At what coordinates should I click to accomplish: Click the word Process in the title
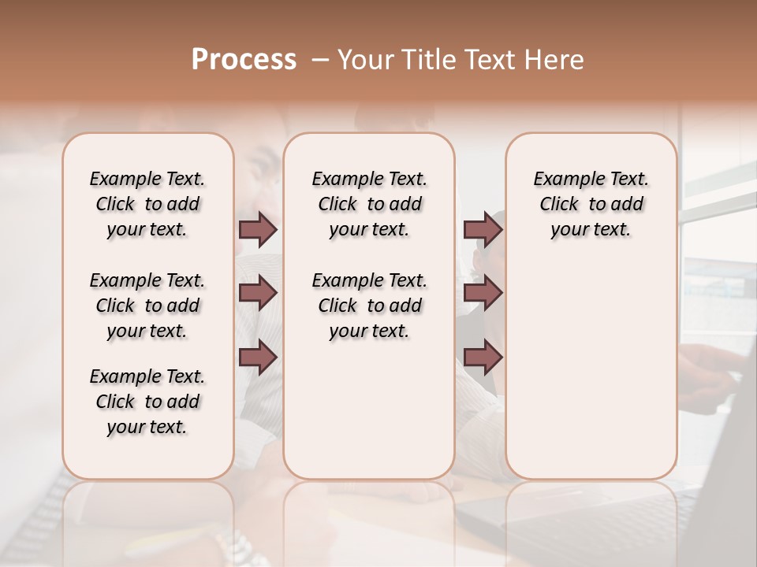coord(244,60)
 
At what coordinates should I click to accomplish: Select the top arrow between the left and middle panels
coord(258,229)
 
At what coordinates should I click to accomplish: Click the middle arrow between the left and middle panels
coord(258,293)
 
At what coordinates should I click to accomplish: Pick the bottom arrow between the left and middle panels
coord(258,357)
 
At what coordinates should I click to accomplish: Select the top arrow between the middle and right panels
coord(483,229)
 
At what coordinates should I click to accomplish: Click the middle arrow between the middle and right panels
coord(483,293)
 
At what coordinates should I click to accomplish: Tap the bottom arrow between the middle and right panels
coord(483,357)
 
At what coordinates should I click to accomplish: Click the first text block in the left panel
coord(147,204)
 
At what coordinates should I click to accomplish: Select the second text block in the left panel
coord(147,306)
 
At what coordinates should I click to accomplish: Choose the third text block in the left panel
coord(147,402)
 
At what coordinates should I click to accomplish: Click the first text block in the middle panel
coord(369,204)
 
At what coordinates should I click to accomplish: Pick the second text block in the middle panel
coord(369,306)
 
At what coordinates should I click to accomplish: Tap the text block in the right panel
coord(591,204)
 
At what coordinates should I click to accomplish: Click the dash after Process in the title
coord(320,60)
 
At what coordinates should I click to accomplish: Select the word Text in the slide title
coord(489,60)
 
